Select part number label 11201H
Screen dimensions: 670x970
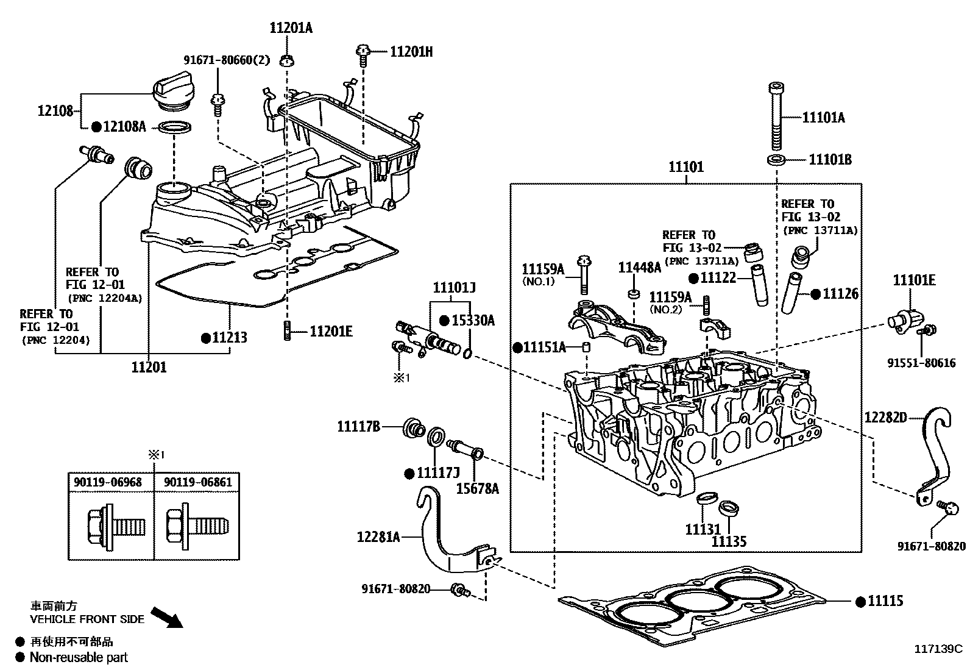pos(411,52)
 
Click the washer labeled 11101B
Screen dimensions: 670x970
pos(776,160)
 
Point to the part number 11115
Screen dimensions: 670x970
pos(885,601)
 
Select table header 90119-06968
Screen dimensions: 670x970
pos(108,482)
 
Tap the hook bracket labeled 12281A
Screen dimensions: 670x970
pos(445,536)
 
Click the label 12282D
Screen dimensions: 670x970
pos(885,417)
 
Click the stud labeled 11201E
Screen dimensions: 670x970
pos(286,332)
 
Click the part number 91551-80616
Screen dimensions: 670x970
pos(921,363)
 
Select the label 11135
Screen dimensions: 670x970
pos(729,541)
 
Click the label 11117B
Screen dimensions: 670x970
pos(359,427)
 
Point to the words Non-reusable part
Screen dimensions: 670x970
pos(79,657)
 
